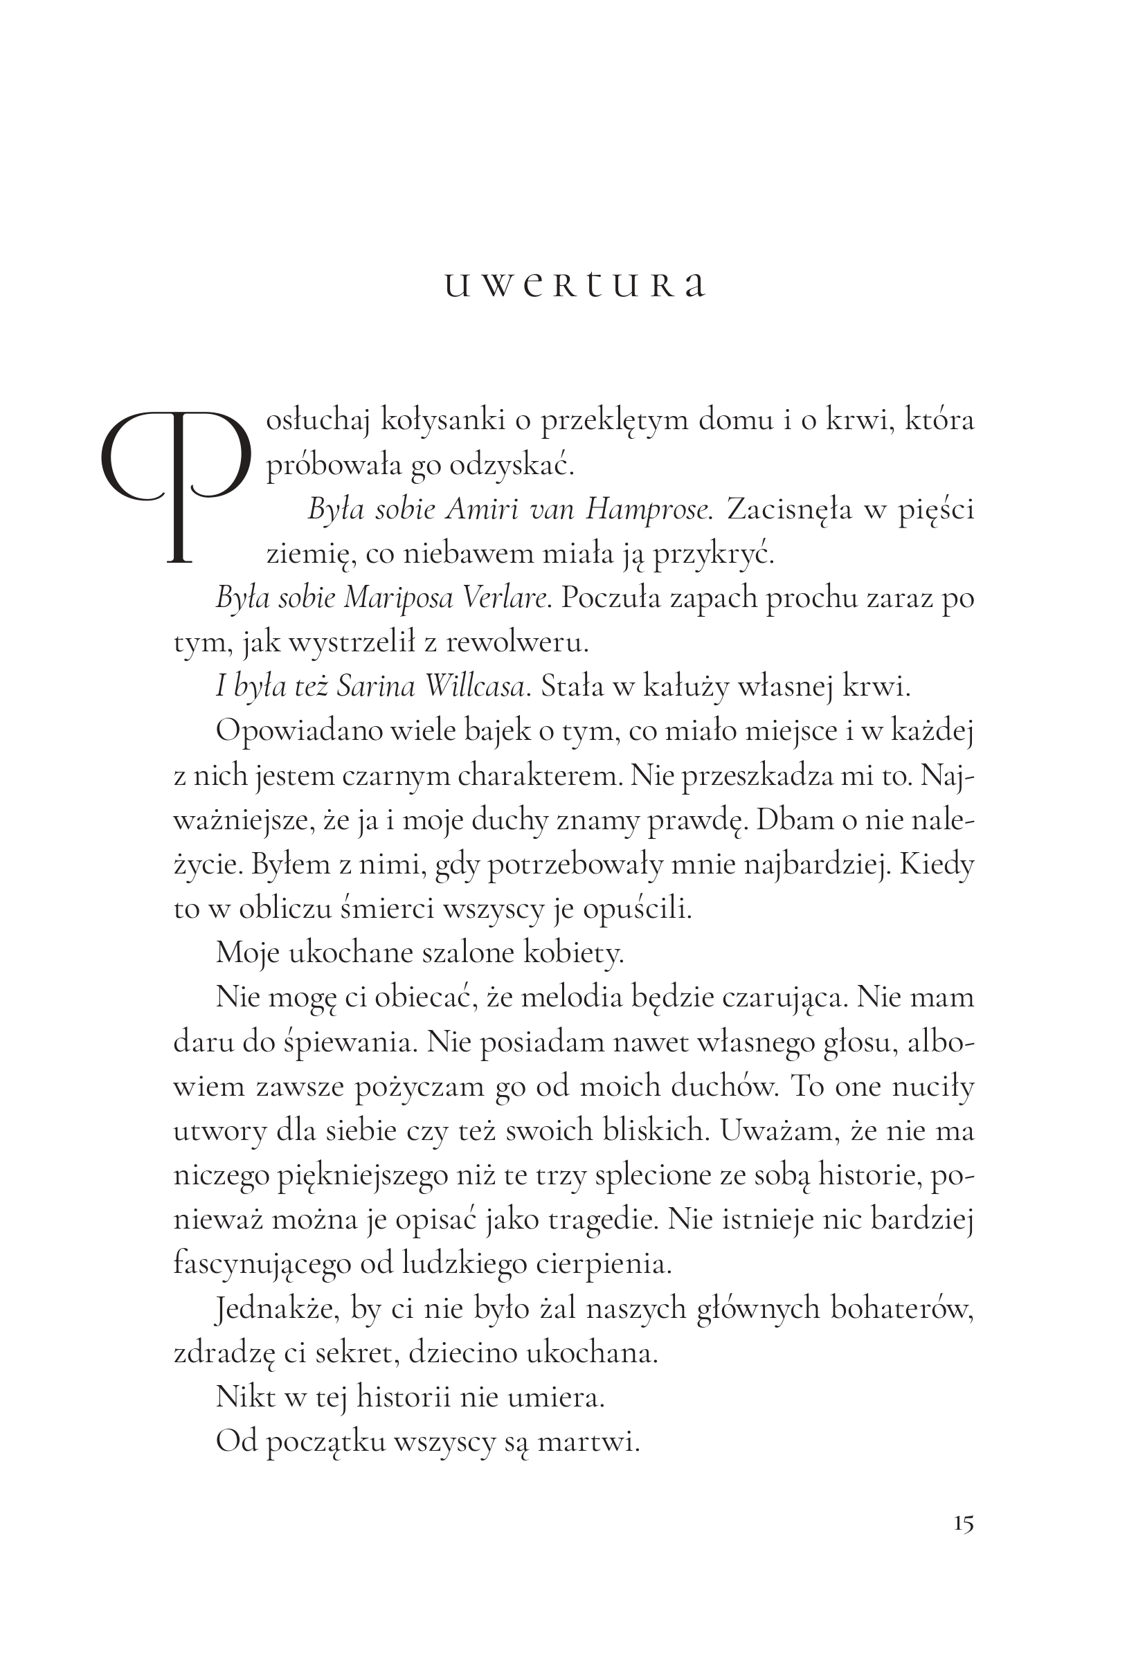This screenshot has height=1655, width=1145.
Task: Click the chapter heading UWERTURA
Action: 574,285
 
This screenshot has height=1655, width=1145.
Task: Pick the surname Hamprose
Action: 648,510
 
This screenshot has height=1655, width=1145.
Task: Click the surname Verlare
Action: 507,598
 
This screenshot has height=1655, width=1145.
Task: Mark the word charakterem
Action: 539,776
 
